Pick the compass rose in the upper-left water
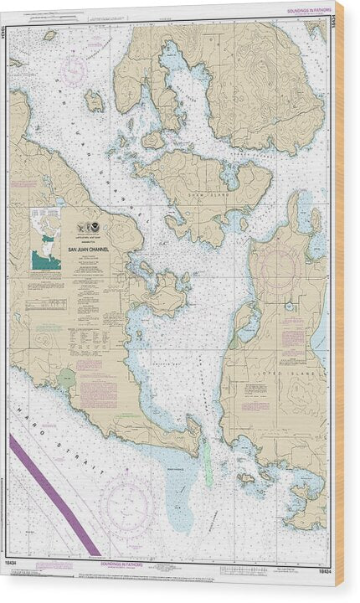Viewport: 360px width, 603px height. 72,69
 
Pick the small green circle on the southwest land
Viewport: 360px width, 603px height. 68,381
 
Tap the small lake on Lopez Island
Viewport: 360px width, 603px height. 288,307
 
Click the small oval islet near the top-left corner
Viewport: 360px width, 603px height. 50,35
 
